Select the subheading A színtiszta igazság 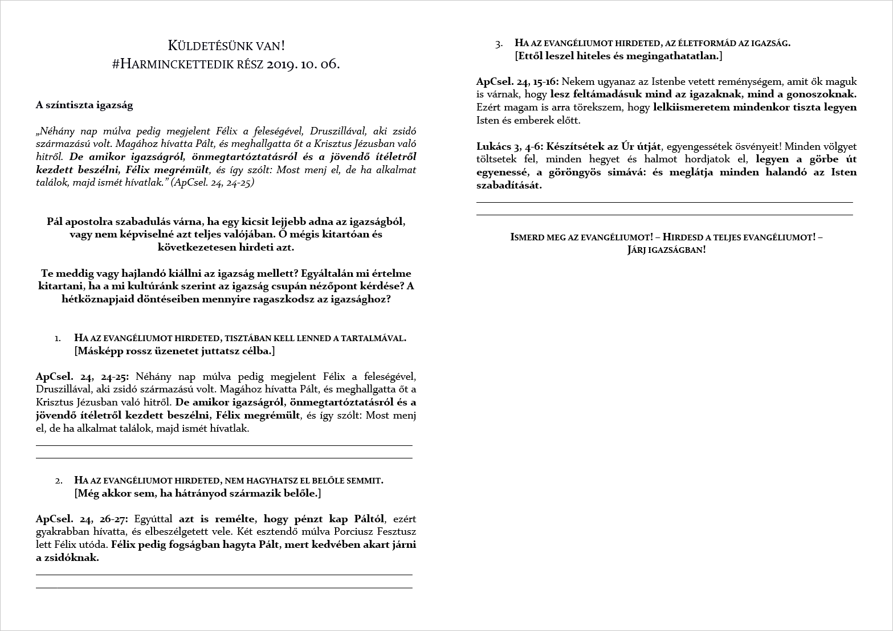point(84,105)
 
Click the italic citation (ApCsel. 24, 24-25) point(213,183)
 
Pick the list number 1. point(58,338)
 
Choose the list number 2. point(58,481)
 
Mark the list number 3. point(499,43)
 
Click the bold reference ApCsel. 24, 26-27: point(82,519)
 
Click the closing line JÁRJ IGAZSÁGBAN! point(666,250)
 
